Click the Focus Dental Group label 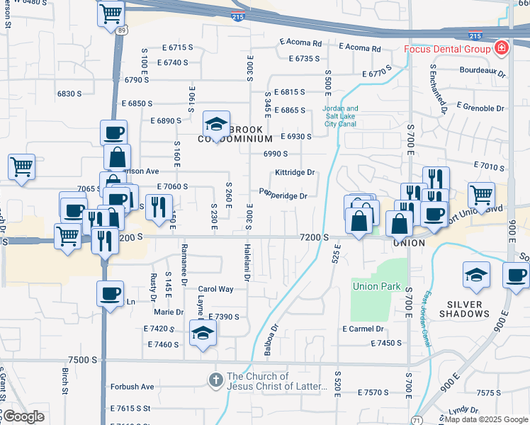[447, 49]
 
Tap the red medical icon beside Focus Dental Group [502, 48]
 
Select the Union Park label [377, 287]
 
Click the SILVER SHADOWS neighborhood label [465, 309]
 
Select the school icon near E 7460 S [203, 333]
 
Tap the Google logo [23, 416]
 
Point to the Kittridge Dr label [295, 172]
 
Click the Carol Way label [215, 289]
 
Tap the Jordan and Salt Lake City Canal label [342, 115]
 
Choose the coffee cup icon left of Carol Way [110, 293]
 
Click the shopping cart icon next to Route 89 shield [111, 13]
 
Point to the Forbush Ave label [132, 387]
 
